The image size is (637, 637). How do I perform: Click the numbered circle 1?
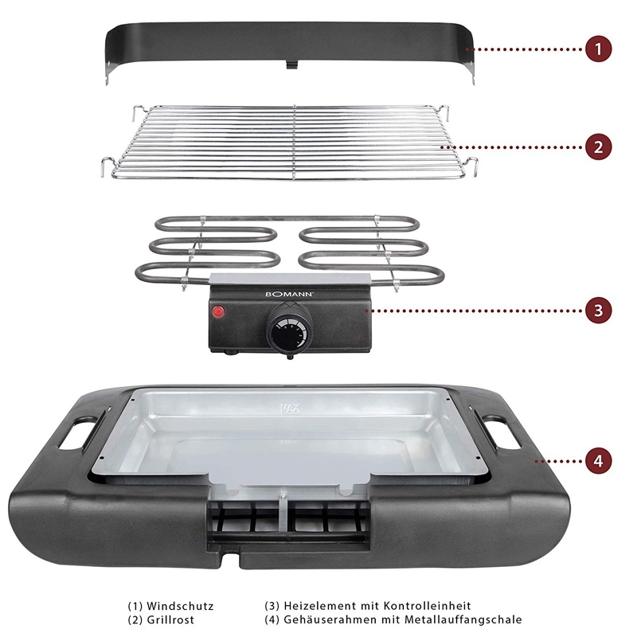coord(599,49)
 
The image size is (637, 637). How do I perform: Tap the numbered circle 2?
coord(599,147)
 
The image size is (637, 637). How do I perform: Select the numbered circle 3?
coord(599,311)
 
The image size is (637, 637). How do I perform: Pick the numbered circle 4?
coord(599,461)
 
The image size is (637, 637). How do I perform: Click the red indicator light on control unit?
coord(218,312)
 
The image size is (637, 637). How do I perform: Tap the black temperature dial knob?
coord(290,330)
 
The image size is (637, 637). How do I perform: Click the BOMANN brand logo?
coord(289,294)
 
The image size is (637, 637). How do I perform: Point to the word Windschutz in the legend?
coord(180,606)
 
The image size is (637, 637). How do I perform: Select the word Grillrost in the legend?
coord(170,620)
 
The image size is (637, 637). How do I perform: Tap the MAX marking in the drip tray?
coord(291,408)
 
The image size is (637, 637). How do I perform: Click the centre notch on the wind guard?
coord(291,64)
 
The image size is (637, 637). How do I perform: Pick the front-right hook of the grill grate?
coord(471,166)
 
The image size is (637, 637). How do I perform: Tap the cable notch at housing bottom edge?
coord(231,558)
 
